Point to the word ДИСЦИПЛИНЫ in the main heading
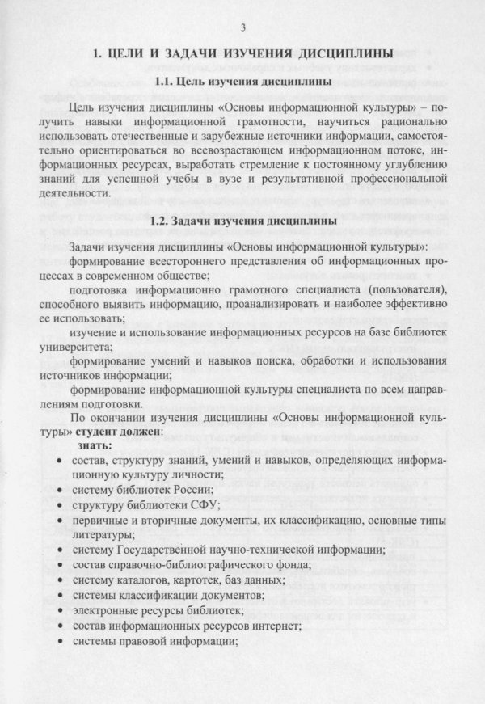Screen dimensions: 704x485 342,55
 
